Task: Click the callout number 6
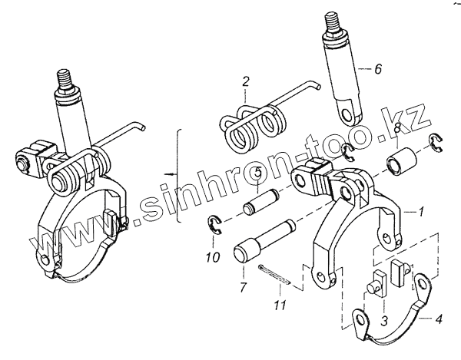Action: click(378, 69)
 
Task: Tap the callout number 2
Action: click(246, 81)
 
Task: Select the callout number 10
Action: click(213, 257)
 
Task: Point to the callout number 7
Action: click(242, 288)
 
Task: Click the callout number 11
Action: click(280, 306)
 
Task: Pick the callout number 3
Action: click(384, 321)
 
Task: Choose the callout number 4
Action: click(439, 319)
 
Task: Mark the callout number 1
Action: click(421, 211)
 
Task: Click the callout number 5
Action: click(257, 173)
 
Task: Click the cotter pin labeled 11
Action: click(275, 275)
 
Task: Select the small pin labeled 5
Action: click(260, 202)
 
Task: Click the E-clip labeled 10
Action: click(215, 225)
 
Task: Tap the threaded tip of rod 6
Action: click(333, 24)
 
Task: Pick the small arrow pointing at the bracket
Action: click(171, 174)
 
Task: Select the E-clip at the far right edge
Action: click(436, 143)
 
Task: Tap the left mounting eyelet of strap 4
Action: click(361, 319)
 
